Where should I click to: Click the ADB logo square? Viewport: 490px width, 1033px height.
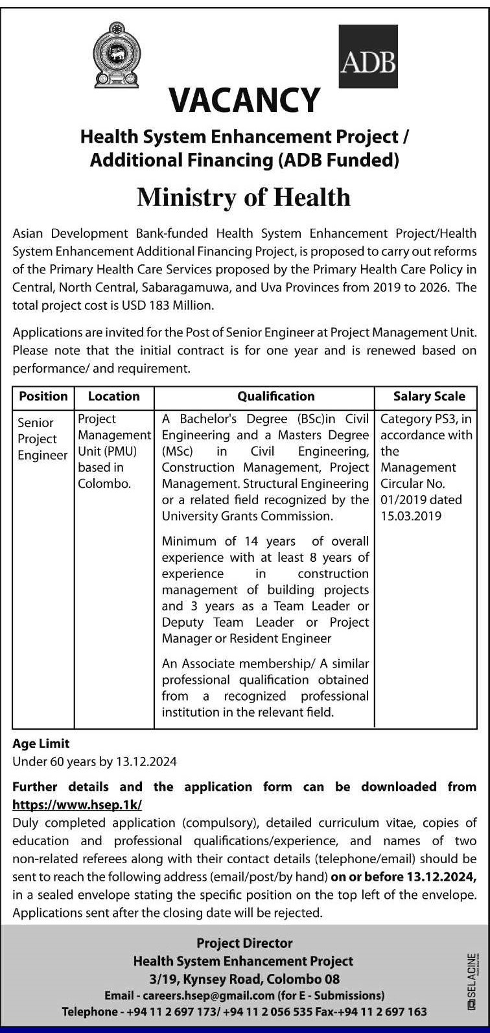368,56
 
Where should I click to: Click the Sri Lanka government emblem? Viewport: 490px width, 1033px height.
117,55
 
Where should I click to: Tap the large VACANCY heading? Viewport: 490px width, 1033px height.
244,100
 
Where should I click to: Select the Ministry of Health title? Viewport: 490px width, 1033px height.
244,197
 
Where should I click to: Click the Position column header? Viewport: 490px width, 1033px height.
43,396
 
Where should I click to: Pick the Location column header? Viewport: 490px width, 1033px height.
113,396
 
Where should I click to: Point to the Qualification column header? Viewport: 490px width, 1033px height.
275,396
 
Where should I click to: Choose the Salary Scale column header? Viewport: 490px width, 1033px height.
429,396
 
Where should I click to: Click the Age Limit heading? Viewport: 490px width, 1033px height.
41,743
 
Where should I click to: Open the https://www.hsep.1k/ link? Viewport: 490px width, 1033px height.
77,804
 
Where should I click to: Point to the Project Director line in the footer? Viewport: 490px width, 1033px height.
244,943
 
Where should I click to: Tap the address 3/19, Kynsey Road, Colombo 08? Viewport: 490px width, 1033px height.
244,978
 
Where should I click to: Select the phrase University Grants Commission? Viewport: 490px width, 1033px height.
247,516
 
